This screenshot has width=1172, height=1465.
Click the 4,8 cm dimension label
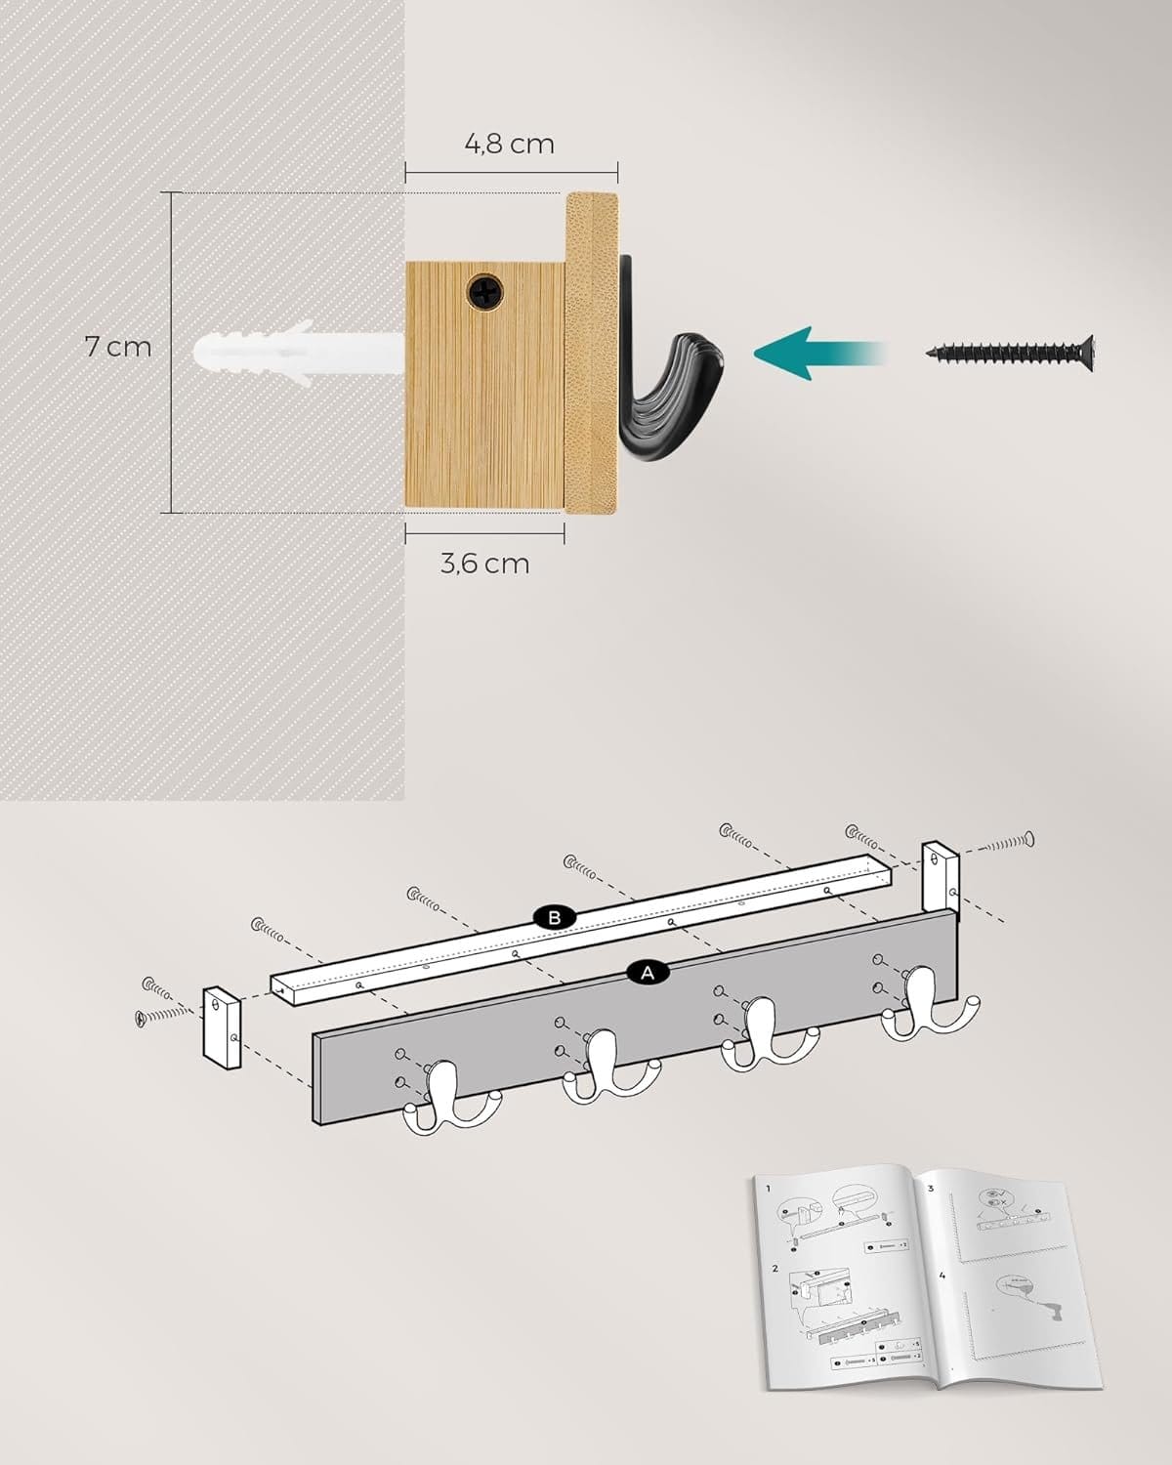pyautogui.click(x=509, y=144)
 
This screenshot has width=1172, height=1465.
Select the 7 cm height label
pyautogui.click(x=117, y=346)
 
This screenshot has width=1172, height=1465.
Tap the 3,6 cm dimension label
pyautogui.click(x=484, y=564)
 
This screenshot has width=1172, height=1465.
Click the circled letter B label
pyautogui.click(x=555, y=917)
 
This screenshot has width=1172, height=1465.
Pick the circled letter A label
pyautogui.click(x=647, y=972)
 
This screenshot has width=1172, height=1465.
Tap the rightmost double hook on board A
pyautogui.click(x=928, y=1006)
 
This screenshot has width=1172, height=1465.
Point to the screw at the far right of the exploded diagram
pyautogui.click(x=1006, y=841)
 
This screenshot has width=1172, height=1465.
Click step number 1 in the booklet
pyautogui.click(x=769, y=1189)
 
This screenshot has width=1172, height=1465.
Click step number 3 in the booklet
pyautogui.click(x=931, y=1188)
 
